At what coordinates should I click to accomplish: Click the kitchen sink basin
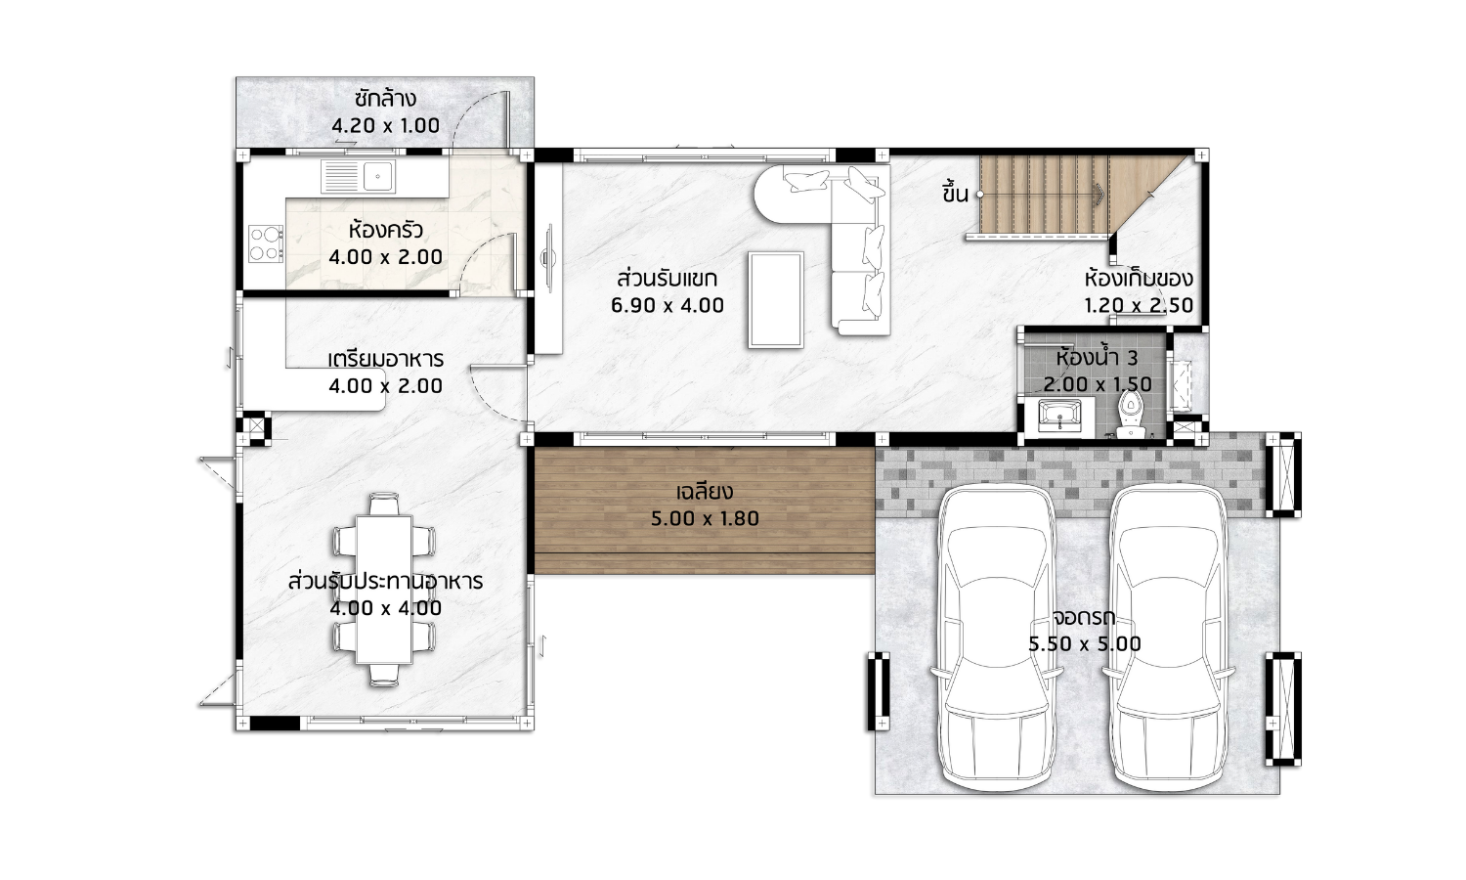(x=377, y=176)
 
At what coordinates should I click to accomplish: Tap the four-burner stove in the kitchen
(x=266, y=243)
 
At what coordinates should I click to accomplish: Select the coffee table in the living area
(x=776, y=300)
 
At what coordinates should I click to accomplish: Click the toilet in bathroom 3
(x=1130, y=416)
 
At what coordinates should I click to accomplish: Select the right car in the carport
(x=1169, y=638)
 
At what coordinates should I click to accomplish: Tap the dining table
(x=384, y=590)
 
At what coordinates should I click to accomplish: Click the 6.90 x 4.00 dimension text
(x=668, y=305)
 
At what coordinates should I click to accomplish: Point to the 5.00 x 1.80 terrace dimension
(x=705, y=518)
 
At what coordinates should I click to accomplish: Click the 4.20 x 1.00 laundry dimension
(x=385, y=126)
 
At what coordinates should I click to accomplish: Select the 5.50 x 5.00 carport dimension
(x=1085, y=644)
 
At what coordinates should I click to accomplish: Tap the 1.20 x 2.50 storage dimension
(x=1139, y=305)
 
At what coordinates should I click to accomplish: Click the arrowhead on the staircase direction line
(x=1100, y=194)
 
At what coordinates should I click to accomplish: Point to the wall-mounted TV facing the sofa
(x=548, y=258)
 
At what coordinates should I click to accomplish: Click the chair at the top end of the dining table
(x=384, y=505)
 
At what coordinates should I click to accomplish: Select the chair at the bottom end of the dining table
(x=384, y=675)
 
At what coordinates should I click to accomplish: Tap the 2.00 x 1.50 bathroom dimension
(x=1098, y=384)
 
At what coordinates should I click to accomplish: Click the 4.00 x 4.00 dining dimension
(x=385, y=608)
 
